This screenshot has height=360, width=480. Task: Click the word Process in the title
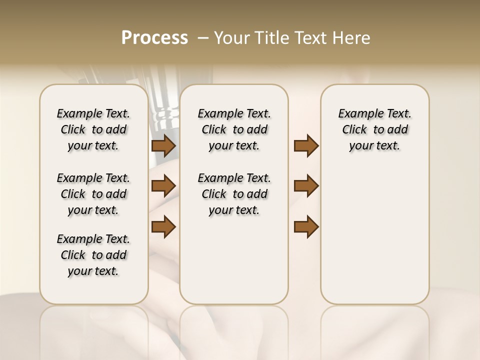[x=154, y=38]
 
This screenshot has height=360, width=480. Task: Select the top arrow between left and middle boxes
[x=163, y=146]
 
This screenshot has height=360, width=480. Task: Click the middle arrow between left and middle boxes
[x=163, y=186]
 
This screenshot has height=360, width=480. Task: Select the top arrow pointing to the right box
[x=306, y=146]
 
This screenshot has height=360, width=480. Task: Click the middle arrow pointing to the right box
[x=306, y=186]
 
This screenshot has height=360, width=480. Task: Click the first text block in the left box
[x=93, y=129]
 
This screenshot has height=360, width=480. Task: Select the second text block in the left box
[x=93, y=194]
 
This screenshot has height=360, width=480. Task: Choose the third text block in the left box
[x=93, y=255]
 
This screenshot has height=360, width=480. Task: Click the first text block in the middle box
[x=234, y=129]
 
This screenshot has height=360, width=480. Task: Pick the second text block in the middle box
[x=234, y=194]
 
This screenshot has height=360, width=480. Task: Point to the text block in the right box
[x=374, y=129]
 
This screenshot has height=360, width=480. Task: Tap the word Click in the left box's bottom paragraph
[x=73, y=255]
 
